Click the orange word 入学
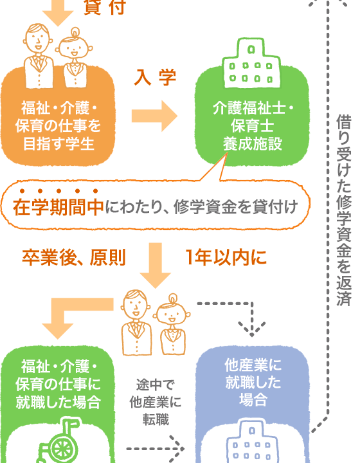pyautogui.click(x=155, y=77)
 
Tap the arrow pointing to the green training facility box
pyautogui.click(x=154, y=116)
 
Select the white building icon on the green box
pyautogui.click(x=251, y=63)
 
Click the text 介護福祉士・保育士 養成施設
pyautogui.click(x=252, y=126)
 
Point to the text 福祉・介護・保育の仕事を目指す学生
pyautogui.click(x=58, y=126)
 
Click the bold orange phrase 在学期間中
pyautogui.click(x=58, y=206)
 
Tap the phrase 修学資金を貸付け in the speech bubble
pyautogui.click(x=235, y=206)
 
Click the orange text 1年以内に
pyautogui.click(x=226, y=257)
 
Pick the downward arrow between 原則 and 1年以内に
pyautogui.click(x=155, y=265)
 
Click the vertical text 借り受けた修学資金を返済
pyautogui.click(x=344, y=210)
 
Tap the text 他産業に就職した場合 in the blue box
pyautogui.click(x=253, y=383)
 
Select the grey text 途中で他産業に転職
pyautogui.click(x=155, y=402)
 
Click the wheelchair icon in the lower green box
pyautogui.click(x=59, y=440)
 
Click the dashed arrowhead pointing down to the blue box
pyautogui.click(x=252, y=329)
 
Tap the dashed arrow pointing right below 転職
pyautogui.click(x=155, y=449)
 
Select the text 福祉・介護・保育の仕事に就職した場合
pyautogui.click(x=58, y=384)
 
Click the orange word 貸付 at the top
pyautogui.click(x=105, y=7)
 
